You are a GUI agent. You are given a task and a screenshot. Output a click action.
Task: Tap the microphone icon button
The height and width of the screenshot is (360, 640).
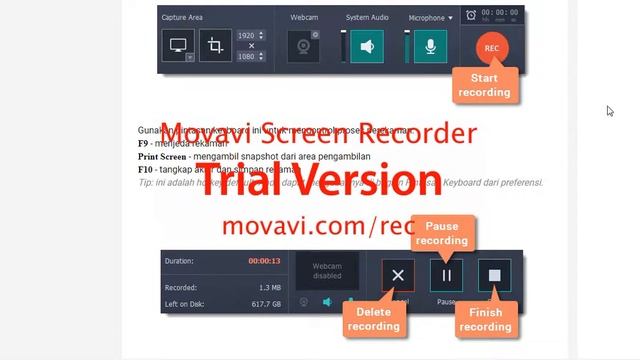(x=431, y=46)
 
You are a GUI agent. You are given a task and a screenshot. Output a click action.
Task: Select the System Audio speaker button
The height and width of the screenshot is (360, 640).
(x=367, y=46)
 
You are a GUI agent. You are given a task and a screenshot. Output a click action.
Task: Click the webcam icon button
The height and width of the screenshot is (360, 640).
(x=304, y=46)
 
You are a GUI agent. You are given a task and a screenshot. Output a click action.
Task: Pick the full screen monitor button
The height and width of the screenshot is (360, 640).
(x=178, y=45)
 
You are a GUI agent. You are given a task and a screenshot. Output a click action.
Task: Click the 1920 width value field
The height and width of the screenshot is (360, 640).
(x=247, y=35)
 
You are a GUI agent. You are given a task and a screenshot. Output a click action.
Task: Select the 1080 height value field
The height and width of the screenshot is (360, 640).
(x=247, y=57)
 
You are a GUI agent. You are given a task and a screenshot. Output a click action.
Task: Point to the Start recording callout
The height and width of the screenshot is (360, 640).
(x=485, y=85)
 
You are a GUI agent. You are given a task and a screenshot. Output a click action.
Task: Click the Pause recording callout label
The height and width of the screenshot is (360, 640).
(x=441, y=234)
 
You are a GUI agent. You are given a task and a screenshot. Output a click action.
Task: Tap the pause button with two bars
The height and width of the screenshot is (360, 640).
(x=446, y=275)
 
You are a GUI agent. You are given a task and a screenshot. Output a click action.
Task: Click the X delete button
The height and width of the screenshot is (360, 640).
(x=398, y=275)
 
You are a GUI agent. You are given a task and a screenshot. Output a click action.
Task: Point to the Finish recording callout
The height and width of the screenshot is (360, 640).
(x=485, y=320)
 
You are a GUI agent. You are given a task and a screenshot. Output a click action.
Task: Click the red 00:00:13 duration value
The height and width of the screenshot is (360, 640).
(x=264, y=261)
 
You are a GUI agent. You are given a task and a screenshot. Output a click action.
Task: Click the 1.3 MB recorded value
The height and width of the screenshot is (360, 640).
(x=268, y=287)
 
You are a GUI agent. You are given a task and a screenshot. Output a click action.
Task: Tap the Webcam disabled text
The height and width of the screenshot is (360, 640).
(x=326, y=269)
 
